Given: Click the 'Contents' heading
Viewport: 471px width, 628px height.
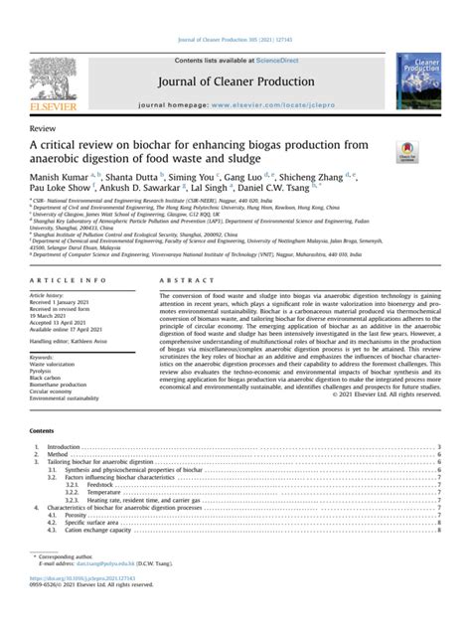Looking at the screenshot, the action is [43, 432].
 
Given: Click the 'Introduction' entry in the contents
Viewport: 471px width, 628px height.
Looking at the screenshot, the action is [63, 448].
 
